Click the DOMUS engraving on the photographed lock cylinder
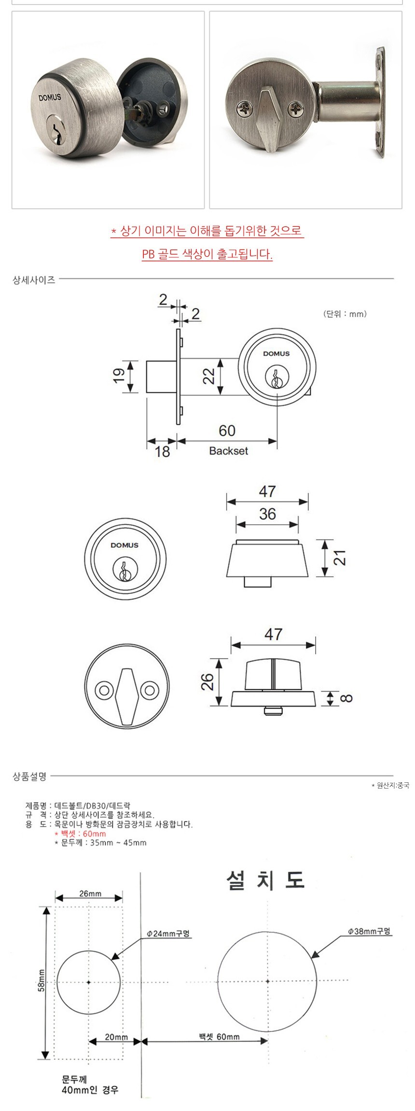tap(50, 97)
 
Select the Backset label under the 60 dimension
tap(228, 451)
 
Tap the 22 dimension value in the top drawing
tap(208, 375)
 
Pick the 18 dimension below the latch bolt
tap(163, 451)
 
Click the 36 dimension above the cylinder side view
tap(267, 514)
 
